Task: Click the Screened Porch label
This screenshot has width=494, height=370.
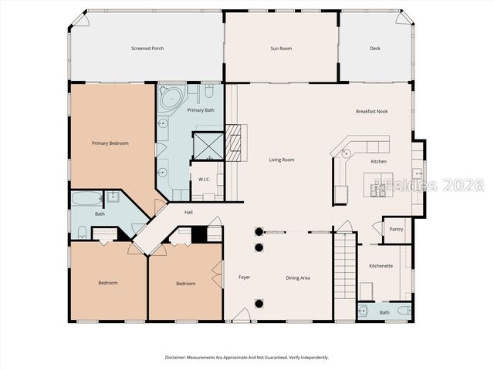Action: coord(147,49)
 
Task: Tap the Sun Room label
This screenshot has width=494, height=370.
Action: coord(281,49)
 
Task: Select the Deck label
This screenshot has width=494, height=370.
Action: coord(375,49)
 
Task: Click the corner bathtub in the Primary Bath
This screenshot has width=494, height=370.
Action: coord(171,99)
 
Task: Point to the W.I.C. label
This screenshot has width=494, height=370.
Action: coord(204,180)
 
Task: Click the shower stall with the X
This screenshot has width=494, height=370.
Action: coord(208,146)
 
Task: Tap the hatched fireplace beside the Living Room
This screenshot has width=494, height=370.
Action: coord(233,143)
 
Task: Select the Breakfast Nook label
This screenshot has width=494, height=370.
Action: coord(372,111)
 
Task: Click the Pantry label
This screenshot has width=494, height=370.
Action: coord(396,230)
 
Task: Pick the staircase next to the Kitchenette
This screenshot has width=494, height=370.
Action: coord(345,266)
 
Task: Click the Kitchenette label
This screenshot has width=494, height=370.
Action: coord(381,266)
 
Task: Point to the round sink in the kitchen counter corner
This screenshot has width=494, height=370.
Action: coord(347,153)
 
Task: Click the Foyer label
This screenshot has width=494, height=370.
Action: coord(244,277)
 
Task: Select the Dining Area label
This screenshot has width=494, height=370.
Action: coord(298,277)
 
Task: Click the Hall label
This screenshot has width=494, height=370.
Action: coord(188,213)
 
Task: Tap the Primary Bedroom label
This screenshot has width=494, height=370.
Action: coord(110,143)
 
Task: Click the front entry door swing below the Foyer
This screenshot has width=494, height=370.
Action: coord(242,314)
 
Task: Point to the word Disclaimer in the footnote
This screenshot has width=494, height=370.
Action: coord(175,358)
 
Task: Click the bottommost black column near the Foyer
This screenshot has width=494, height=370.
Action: coord(259,304)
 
